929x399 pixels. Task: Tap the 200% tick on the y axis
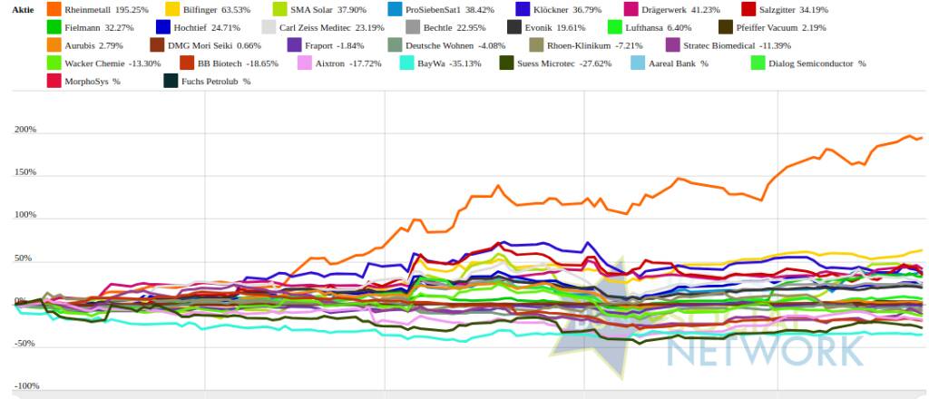click(25, 130)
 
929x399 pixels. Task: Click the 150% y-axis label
click(25, 172)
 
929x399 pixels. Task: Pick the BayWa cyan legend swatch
click(408, 63)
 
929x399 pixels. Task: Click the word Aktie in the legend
click(23, 9)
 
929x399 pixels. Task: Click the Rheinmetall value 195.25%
click(132, 9)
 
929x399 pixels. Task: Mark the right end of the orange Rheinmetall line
click(922, 138)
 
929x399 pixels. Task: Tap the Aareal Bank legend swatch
click(637, 63)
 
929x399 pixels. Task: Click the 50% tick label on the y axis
click(27, 258)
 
